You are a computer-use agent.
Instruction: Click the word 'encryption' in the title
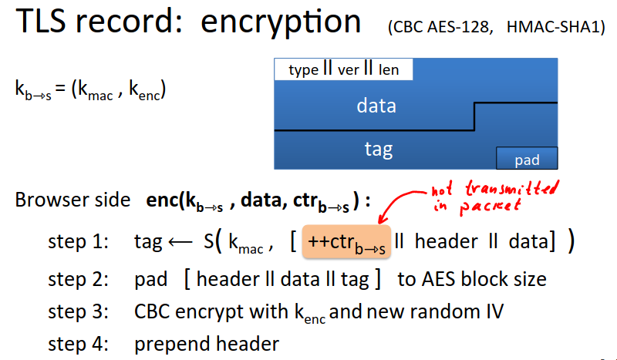pyautogui.click(x=281, y=23)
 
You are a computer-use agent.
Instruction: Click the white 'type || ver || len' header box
pyautogui.click(x=343, y=69)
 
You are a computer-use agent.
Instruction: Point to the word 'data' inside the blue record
pyautogui.click(x=376, y=106)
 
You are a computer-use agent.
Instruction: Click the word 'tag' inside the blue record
pyautogui.click(x=379, y=150)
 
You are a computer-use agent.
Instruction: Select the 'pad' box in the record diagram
pyautogui.click(x=527, y=158)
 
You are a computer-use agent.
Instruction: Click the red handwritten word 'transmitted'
pyautogui.click(x=511, y=188)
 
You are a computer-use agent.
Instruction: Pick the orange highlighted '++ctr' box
pyautogui.click(x=346, y=241)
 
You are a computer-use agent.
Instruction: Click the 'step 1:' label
pyautogui.click(x=78, y=241)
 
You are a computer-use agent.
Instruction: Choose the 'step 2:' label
pyautogui.click(x=78, y=279)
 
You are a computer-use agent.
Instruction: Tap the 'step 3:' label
pyautogui.click(x=78, y=311)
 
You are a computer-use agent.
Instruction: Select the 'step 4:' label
pyautogui.click(x=78, y=344)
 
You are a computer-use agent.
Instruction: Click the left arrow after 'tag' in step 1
pyautogui.click(x=180, y=242)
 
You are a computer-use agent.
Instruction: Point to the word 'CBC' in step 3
pyautogui.click(x=152, y=311)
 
